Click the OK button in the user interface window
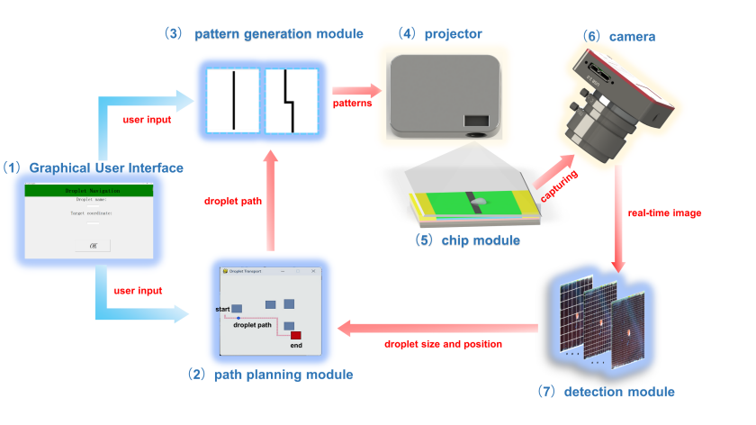tap(93, 245)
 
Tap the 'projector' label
tap(452, 34)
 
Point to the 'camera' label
tap(631, 37)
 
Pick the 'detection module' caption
tap(619, 392)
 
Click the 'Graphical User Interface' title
tap(106, 167)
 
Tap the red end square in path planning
tap(295, 335)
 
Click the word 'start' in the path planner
tap(223, 309)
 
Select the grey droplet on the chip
tap(480, 201)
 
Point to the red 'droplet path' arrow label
tap(232, 202)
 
